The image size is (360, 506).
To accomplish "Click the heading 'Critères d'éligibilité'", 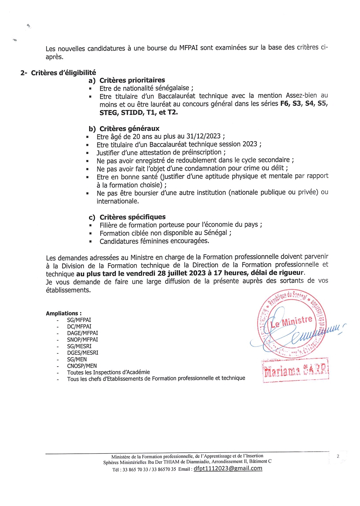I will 63,73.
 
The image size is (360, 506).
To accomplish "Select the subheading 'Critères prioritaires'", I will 132,80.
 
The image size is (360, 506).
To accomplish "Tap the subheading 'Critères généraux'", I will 129,129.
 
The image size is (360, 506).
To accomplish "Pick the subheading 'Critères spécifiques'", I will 132,217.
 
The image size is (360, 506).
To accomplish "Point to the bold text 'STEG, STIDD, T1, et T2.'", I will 139,112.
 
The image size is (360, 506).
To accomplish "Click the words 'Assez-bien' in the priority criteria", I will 301,96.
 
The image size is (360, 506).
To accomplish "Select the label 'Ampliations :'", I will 64,313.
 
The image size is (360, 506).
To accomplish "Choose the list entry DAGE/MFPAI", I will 82,333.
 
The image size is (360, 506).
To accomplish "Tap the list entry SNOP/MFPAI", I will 82,340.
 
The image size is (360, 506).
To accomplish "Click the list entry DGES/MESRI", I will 82,353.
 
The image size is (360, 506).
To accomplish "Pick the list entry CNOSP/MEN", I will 82,366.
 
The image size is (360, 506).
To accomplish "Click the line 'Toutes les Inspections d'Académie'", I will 108,372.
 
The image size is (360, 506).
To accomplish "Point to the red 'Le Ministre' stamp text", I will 292,322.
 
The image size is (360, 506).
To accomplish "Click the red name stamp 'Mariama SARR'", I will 296,370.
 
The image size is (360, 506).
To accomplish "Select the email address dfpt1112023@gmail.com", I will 228,468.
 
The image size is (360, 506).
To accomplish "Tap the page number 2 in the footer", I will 338,456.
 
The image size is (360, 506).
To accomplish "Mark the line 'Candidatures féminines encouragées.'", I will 154,241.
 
